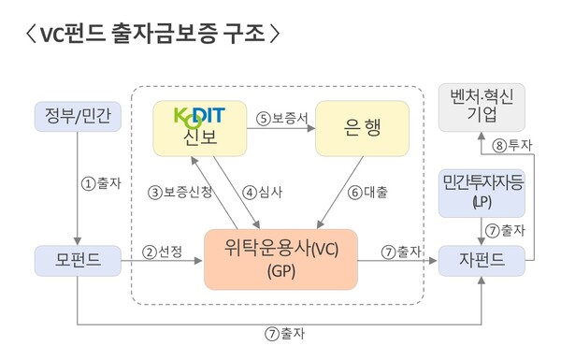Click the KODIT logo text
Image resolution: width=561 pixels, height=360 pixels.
pyautogui.click(x=202, y=116)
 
